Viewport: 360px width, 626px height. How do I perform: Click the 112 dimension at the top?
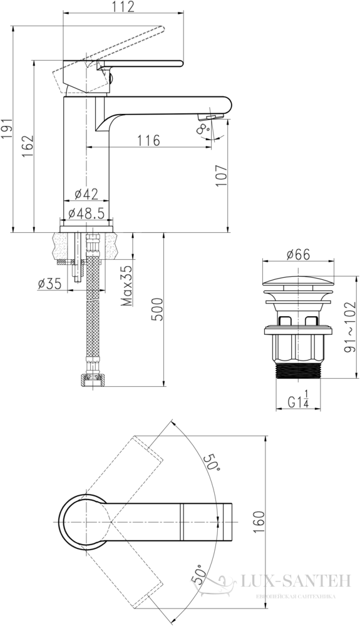[x=123, y=6]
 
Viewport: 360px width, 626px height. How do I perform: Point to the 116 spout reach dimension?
[x=149, y=140]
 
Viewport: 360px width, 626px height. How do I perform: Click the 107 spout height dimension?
[x=221, y=175]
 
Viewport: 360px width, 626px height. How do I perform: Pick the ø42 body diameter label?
[x=86, y=194]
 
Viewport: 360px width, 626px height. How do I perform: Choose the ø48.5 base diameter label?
[x=86, y=213]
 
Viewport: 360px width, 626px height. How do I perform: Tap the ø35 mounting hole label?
[x=49, y=284]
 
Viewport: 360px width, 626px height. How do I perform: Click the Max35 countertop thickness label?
[x=127, y=286]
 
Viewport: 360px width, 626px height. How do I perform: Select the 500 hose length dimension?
[x=157, y=309]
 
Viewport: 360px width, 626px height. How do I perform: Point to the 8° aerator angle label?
[x=203, y=129]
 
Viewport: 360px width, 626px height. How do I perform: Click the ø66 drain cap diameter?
[x=298, y=254]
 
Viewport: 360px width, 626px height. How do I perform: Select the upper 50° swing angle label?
[x=212, y=463]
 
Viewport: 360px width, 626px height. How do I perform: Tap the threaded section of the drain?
[x=298, y=371]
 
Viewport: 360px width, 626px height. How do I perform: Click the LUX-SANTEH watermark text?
[x=296, y=580]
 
